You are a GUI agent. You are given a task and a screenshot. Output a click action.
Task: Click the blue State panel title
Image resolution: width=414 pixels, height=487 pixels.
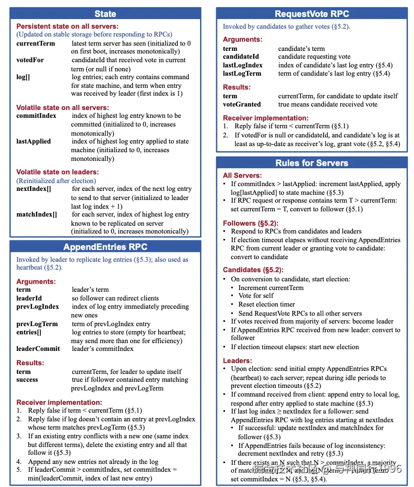coord(105,14)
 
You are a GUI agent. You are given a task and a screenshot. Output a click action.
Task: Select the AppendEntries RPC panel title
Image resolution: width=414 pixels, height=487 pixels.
coord(105,247)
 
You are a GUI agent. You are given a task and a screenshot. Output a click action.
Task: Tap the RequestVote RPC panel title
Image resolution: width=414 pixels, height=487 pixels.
coord(312,14)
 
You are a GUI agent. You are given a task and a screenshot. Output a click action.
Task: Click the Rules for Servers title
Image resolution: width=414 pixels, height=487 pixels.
coord(312,163)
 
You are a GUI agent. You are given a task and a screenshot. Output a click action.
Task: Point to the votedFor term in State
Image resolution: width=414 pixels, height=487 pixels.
coord(30,60)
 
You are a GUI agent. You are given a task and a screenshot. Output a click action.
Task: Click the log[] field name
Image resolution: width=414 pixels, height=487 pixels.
coord(23,77)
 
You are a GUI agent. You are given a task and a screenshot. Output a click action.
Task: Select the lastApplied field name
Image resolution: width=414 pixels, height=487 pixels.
coord(33,141)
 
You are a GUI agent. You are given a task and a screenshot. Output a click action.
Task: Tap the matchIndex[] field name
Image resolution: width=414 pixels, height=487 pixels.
coord(37,214)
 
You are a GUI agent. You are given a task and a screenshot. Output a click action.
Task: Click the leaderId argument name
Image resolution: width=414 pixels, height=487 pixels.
coord(29,298)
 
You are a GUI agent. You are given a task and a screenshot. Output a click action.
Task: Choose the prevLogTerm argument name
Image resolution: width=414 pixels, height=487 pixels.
coord(37,324)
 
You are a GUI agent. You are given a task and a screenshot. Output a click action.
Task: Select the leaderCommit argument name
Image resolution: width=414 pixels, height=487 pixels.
coord(38,349)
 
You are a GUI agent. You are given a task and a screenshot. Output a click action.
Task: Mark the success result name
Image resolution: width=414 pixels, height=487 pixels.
coord(27,380)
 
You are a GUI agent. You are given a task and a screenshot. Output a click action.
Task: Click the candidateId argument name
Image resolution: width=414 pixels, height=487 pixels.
coord(241,57)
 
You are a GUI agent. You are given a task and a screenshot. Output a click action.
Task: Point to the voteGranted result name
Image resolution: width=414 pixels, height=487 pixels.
coord(242,104)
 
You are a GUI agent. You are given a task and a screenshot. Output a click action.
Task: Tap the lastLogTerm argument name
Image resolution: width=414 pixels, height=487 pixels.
coord(242,73)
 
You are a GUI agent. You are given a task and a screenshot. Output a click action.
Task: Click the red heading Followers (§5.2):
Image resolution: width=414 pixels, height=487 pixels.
coord(250,223)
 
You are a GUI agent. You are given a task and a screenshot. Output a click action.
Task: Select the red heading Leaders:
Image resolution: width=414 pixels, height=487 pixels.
coord(237,360)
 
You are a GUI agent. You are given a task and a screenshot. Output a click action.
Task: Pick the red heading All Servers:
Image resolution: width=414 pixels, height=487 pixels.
coord(242,175)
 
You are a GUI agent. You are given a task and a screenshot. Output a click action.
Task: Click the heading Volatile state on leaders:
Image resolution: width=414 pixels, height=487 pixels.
coord(57,172)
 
